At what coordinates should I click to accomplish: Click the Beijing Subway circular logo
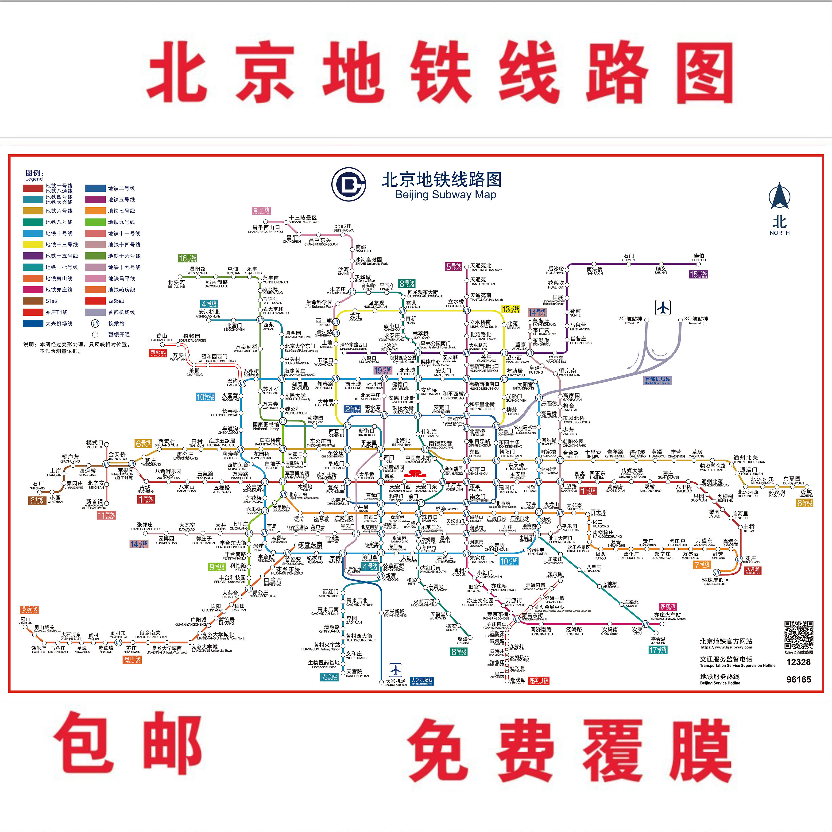pyautogui.click(x=348, y=184)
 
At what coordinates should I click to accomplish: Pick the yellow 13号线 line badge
pyautogui.click(x=511, y=309)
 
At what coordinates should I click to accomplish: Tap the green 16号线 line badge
pyautogui.click(x=188, y=258)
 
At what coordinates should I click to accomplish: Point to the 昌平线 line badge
pyautogui.click(x=261, y=211)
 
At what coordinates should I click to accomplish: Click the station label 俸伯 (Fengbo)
pyautogui.click(x=699, y=257)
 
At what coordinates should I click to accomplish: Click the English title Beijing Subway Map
pyautogui.click(x=446, y=195)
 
